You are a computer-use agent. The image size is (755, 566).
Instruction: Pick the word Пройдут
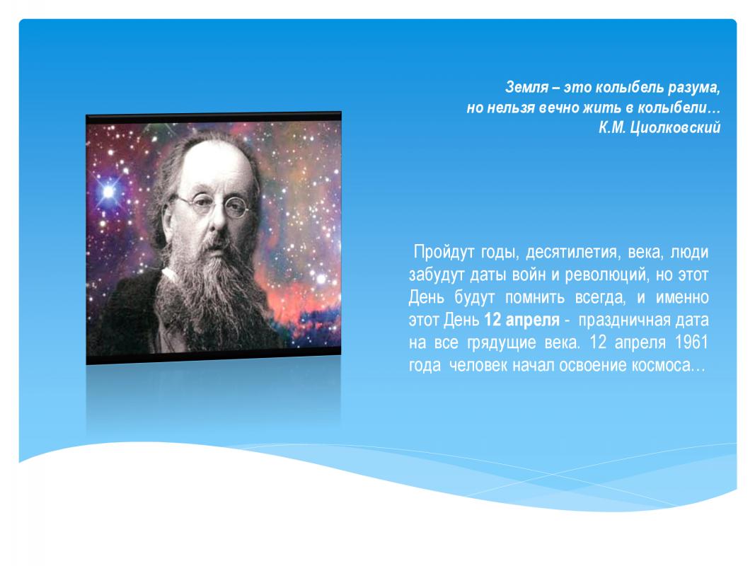pos(444,252)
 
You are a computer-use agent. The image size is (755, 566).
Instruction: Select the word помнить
pos(534,298)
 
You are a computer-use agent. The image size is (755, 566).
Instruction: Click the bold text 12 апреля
pos(521,320)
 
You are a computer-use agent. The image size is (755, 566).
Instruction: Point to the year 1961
pos(691,342)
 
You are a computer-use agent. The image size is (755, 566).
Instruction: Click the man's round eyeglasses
pos(212,204)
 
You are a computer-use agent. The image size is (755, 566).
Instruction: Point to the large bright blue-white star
pos(109,192)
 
